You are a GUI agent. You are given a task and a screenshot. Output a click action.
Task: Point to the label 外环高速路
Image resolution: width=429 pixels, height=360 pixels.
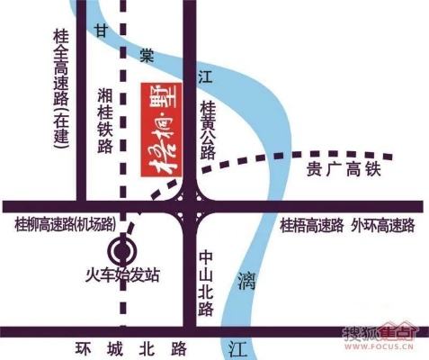(384, 224)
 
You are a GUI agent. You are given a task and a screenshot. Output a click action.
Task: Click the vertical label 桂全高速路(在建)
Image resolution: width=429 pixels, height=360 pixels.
(61, 95)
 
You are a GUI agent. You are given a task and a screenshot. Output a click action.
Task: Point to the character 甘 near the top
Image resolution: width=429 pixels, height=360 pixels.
(102, 31)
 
